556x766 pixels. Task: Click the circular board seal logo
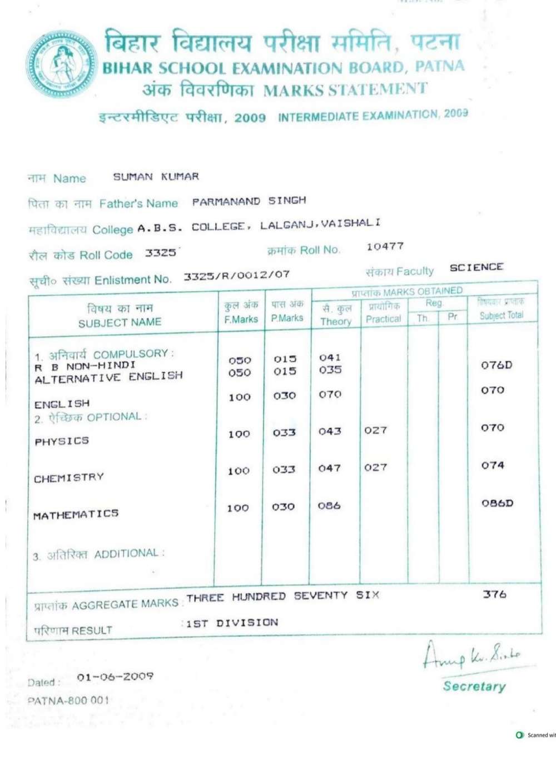(x=61, y=64)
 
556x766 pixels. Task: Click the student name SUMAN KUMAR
(x=156, y=177)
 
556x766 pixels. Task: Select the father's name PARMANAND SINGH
(x=249, y=201)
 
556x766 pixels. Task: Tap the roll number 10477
(x=385, y=246)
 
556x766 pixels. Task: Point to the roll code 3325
(x=160, y=253)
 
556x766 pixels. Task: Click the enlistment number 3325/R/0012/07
(x=236, y=275)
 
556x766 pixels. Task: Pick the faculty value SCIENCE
(x=476, y=267)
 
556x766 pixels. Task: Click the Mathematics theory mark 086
(x=329, y=506)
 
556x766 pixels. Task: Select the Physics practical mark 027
(x=375, y=430)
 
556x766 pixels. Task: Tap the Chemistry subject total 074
(x=493, y=465)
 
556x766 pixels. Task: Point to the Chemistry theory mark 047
(x=329, y=469)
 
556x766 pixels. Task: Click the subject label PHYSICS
(x=62, y=441)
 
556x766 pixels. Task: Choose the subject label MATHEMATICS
(x=76, y=515)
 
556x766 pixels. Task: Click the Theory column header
(x=336, y=315)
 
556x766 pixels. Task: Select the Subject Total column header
(x=502, y=309)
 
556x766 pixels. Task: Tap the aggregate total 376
(x=494, y=594)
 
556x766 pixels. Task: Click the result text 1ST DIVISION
(x=232, y=623)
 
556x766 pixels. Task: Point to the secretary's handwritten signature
(x=471, y=656)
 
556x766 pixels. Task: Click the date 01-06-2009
(x=115, y=677)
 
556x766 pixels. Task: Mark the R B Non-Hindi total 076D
(x=497, y=365)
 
